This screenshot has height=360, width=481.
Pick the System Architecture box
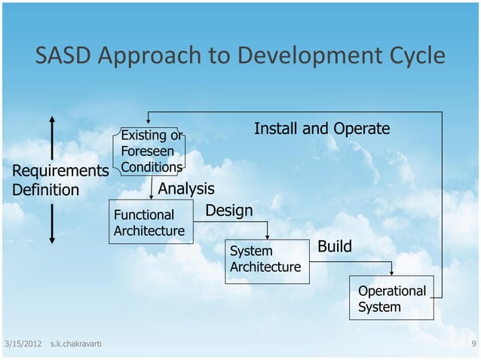[266, 259]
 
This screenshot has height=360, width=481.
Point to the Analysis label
[186, 188]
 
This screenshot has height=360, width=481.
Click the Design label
[229, 210]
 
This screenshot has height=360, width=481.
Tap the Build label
[334, 247]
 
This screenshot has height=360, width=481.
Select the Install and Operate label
[322, 129]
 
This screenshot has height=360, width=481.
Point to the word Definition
[45, 189]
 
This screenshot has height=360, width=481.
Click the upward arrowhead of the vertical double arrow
[52, 120]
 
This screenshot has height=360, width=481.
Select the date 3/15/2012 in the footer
[22, 344]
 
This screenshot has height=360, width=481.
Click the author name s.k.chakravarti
[76, 344]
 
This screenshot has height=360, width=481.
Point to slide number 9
[472, 344]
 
